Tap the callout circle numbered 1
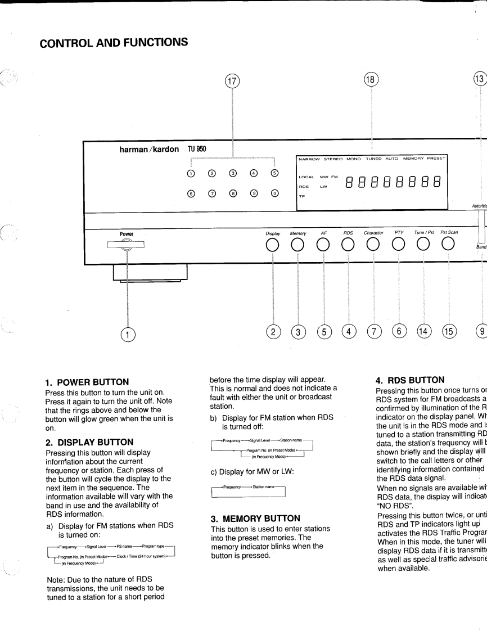129,334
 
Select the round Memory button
298,245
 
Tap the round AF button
323,245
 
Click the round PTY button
399,245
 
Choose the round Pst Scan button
448,245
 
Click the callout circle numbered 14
423,332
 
